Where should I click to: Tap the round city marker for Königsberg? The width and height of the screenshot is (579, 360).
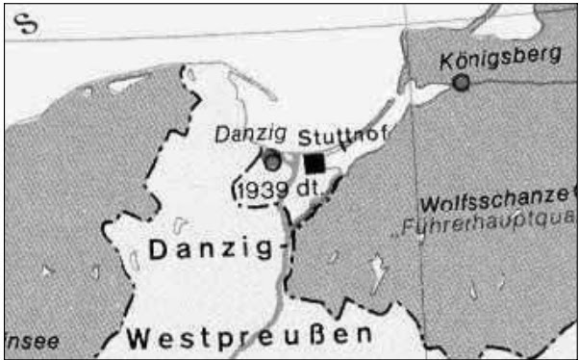(x=462, y=84)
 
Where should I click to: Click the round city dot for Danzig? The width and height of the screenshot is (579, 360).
(x=273, y=161)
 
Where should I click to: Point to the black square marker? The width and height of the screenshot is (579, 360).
(x=314, y=163)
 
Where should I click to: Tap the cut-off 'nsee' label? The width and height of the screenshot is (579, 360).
(x=31, y=340)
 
